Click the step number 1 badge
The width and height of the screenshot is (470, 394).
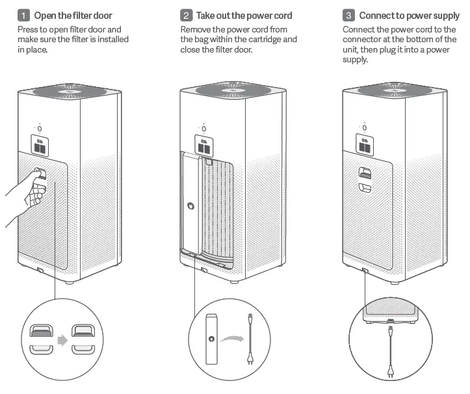click(x=23, y=15)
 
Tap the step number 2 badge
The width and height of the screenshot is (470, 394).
click(x=186, y=15)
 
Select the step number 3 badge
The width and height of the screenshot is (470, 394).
click(x=348, y=15)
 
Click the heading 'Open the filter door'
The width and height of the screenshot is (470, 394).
click(x=77, y=15)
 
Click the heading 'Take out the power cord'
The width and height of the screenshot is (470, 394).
click(x=244, y=15)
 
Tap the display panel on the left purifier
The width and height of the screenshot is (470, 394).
click(x=41, y=145)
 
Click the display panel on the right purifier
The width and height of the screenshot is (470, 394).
click(x=365, y=145)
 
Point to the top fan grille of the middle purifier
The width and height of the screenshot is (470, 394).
click(x=232, y=90)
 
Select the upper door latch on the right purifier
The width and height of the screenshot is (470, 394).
click(x=365, y=171)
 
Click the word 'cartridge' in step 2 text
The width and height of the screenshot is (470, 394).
click(x=261, y=40)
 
